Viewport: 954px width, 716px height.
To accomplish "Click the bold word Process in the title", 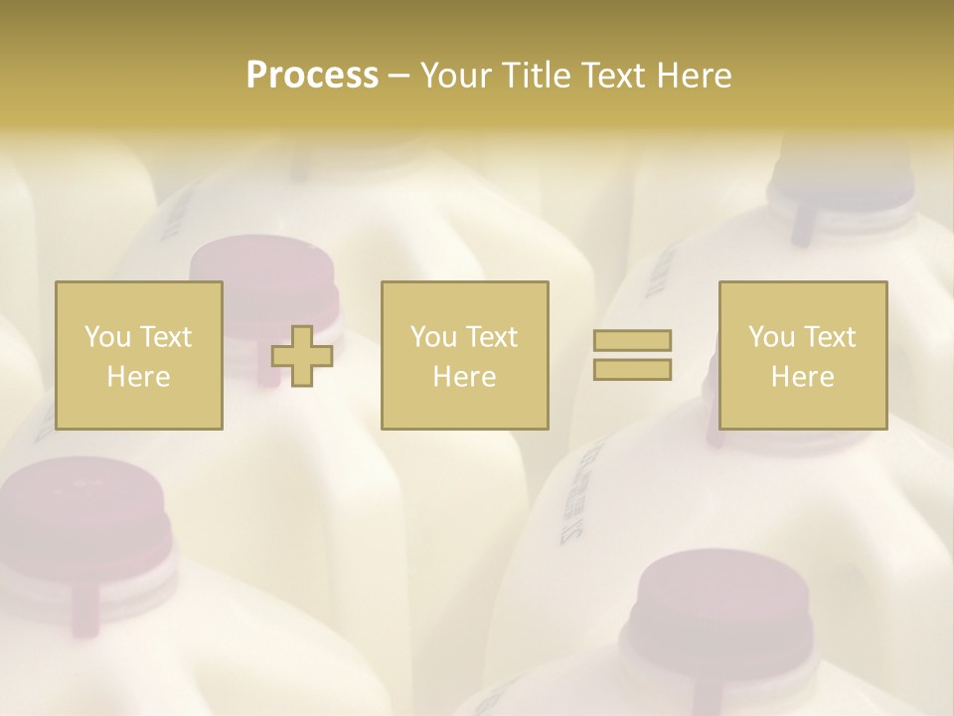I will pyautogui.click(x=312, y=76).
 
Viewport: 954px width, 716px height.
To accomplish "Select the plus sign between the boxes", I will pyautogui.click(x=302, y=356).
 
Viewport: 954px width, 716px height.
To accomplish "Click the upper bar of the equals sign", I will pyautogui.click(x=632, y=341).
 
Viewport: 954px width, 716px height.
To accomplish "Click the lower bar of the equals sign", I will pyautogui.click(x=632, y=369).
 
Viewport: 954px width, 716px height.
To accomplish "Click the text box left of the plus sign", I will pyautogui.click(x=139, y=355).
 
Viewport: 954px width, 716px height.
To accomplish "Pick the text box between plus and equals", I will pyautogui.click(x=465, y=355).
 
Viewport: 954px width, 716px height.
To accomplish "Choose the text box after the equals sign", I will pyautogui.click(x=803, y=355).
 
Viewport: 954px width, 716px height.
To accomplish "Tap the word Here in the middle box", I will pyautogui.click(x=465, y=377).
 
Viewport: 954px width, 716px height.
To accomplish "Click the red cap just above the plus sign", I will pyautogui.click(x=263, y=268).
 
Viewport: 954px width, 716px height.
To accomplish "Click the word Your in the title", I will pyautogui.click(x=456, y=76).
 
